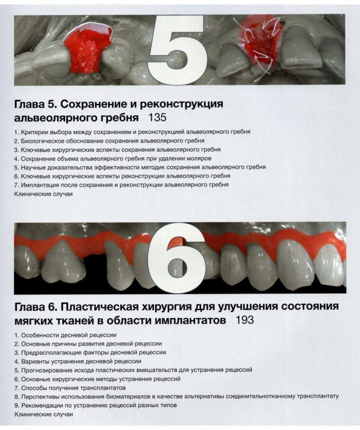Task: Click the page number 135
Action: [157, 118]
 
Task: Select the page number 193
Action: [244, 320]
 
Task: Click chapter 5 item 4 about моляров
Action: [113, 159]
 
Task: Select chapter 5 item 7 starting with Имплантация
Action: [121, 185]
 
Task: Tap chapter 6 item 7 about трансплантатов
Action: [70, 388]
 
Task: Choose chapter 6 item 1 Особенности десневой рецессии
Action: [65, 335]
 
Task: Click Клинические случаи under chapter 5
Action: [43, 194]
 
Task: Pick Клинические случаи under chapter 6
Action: [43, 414]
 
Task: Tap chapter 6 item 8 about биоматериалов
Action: [176, 396]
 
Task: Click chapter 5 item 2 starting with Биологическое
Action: [109, 141]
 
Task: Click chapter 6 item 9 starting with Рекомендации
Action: [95, 405]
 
